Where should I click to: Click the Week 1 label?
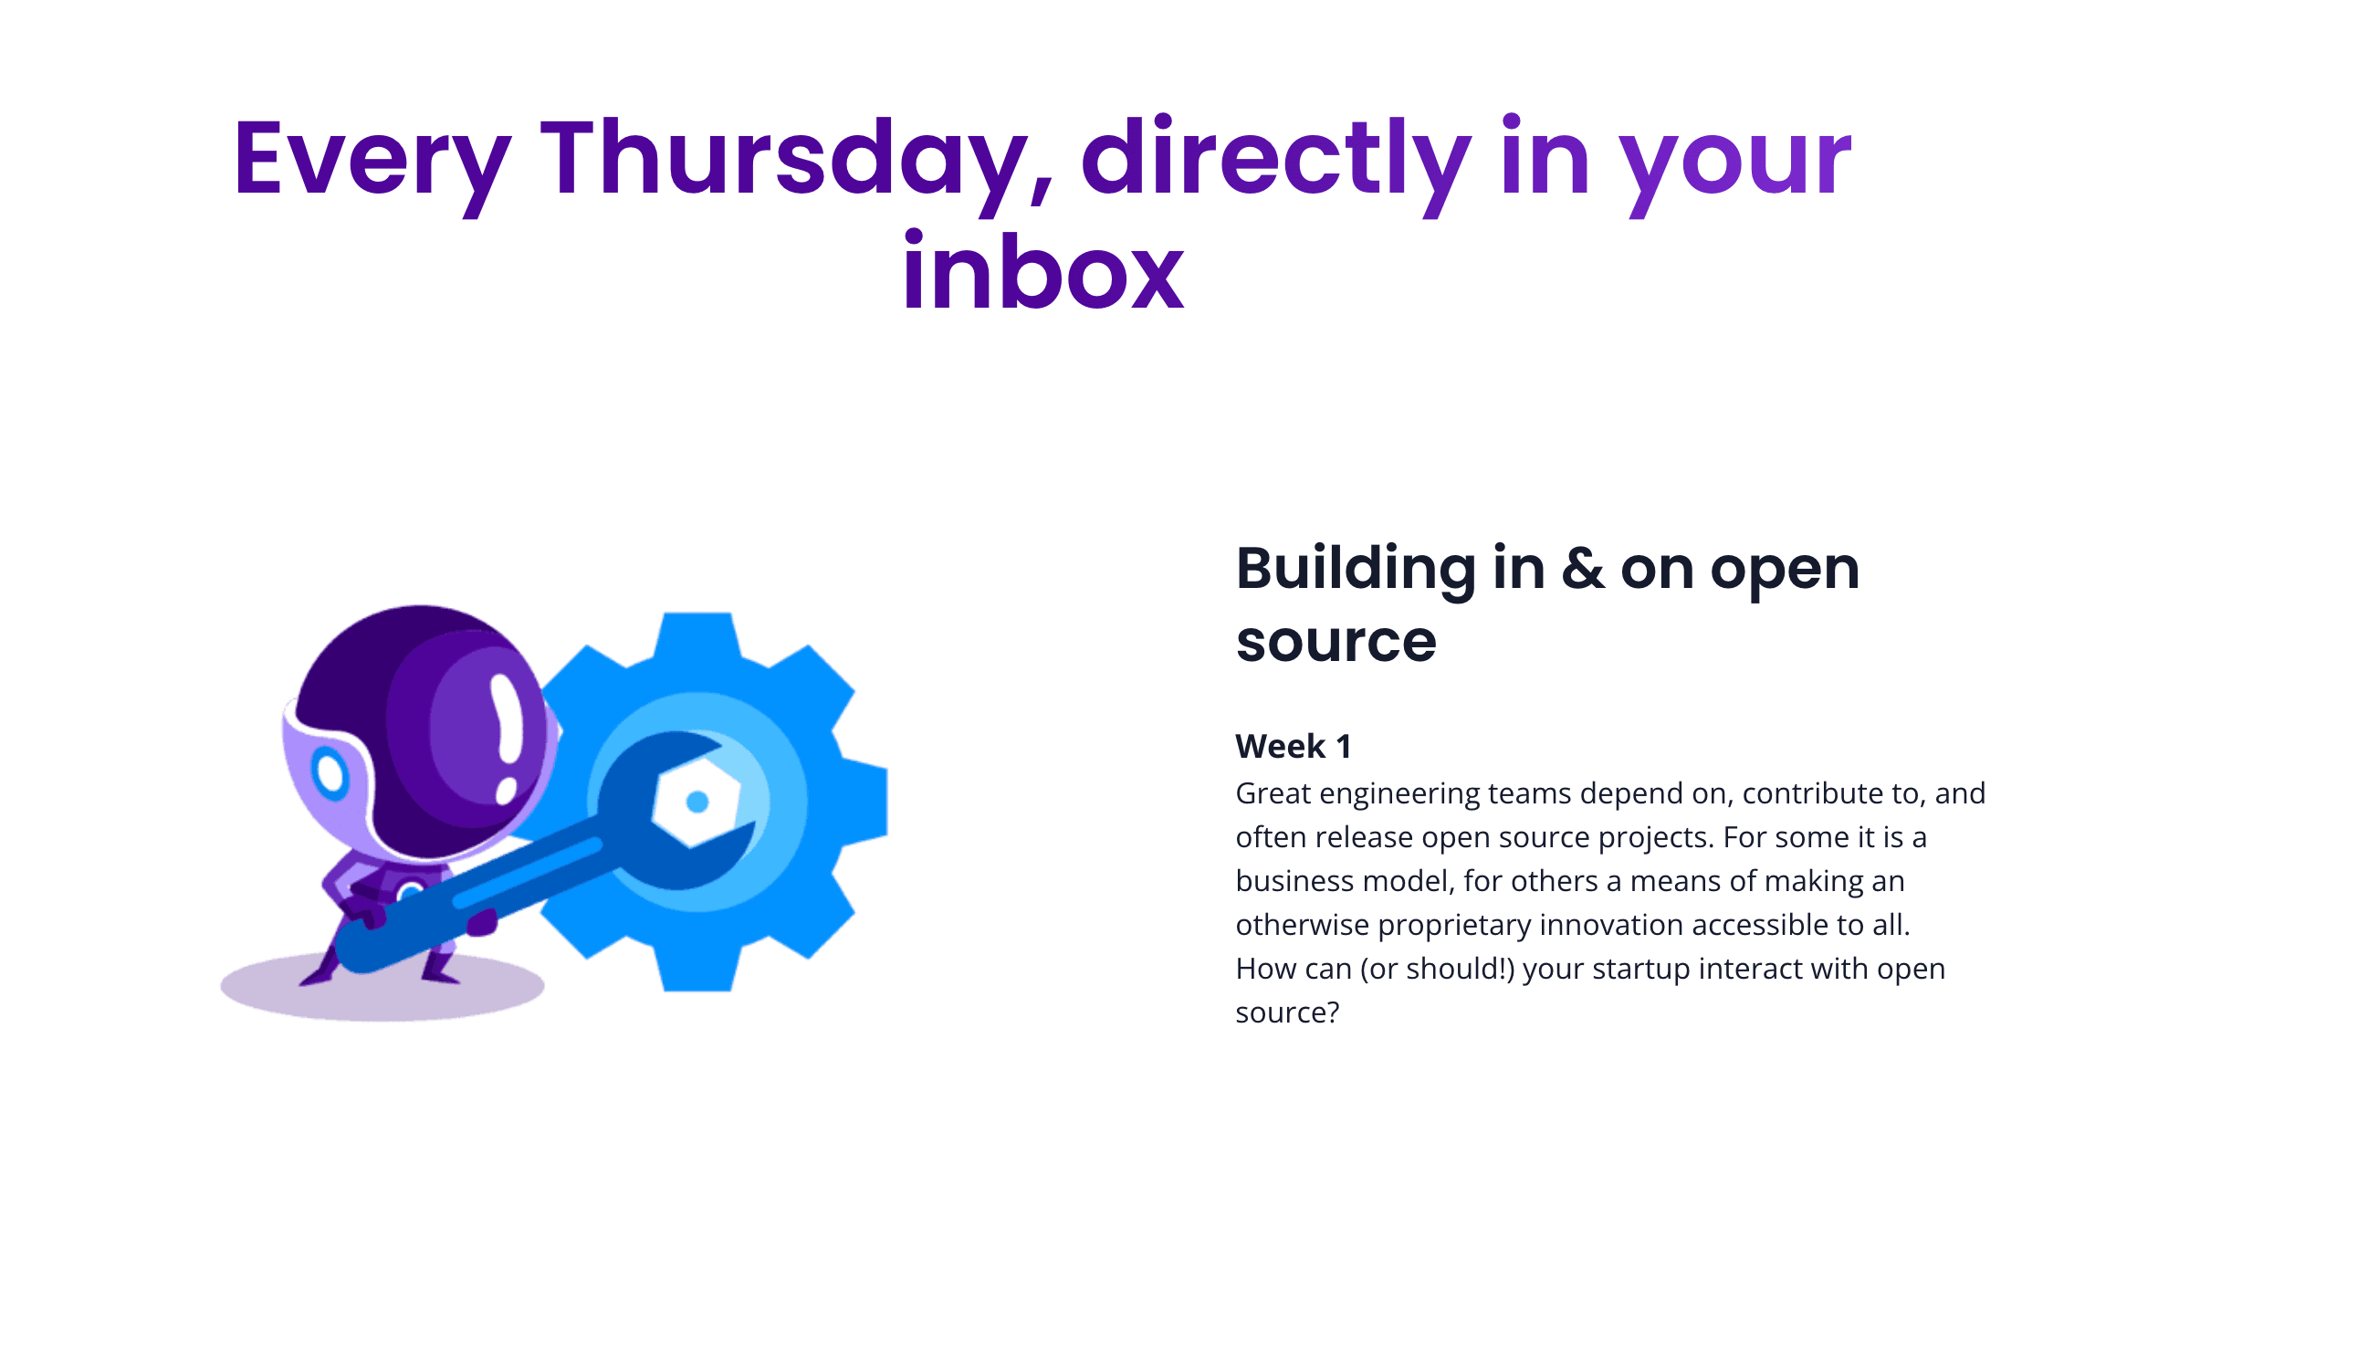coord(1293,746)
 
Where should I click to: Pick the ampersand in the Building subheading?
coord(1583,568)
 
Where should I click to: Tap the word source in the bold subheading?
coord(1336,642)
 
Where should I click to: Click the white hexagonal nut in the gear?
coord(696,803)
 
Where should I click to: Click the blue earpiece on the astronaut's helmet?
coord(330,772)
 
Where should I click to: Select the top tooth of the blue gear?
coord(697,636)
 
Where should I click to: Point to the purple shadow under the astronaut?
coord(382,986)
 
